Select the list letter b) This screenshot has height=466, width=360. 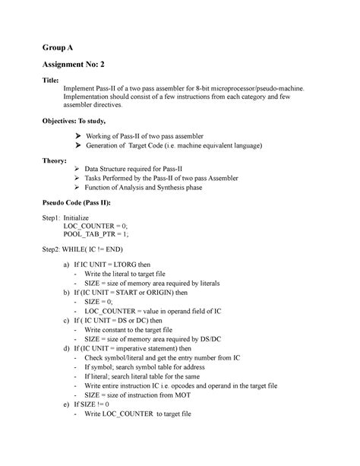pos(67,291)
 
